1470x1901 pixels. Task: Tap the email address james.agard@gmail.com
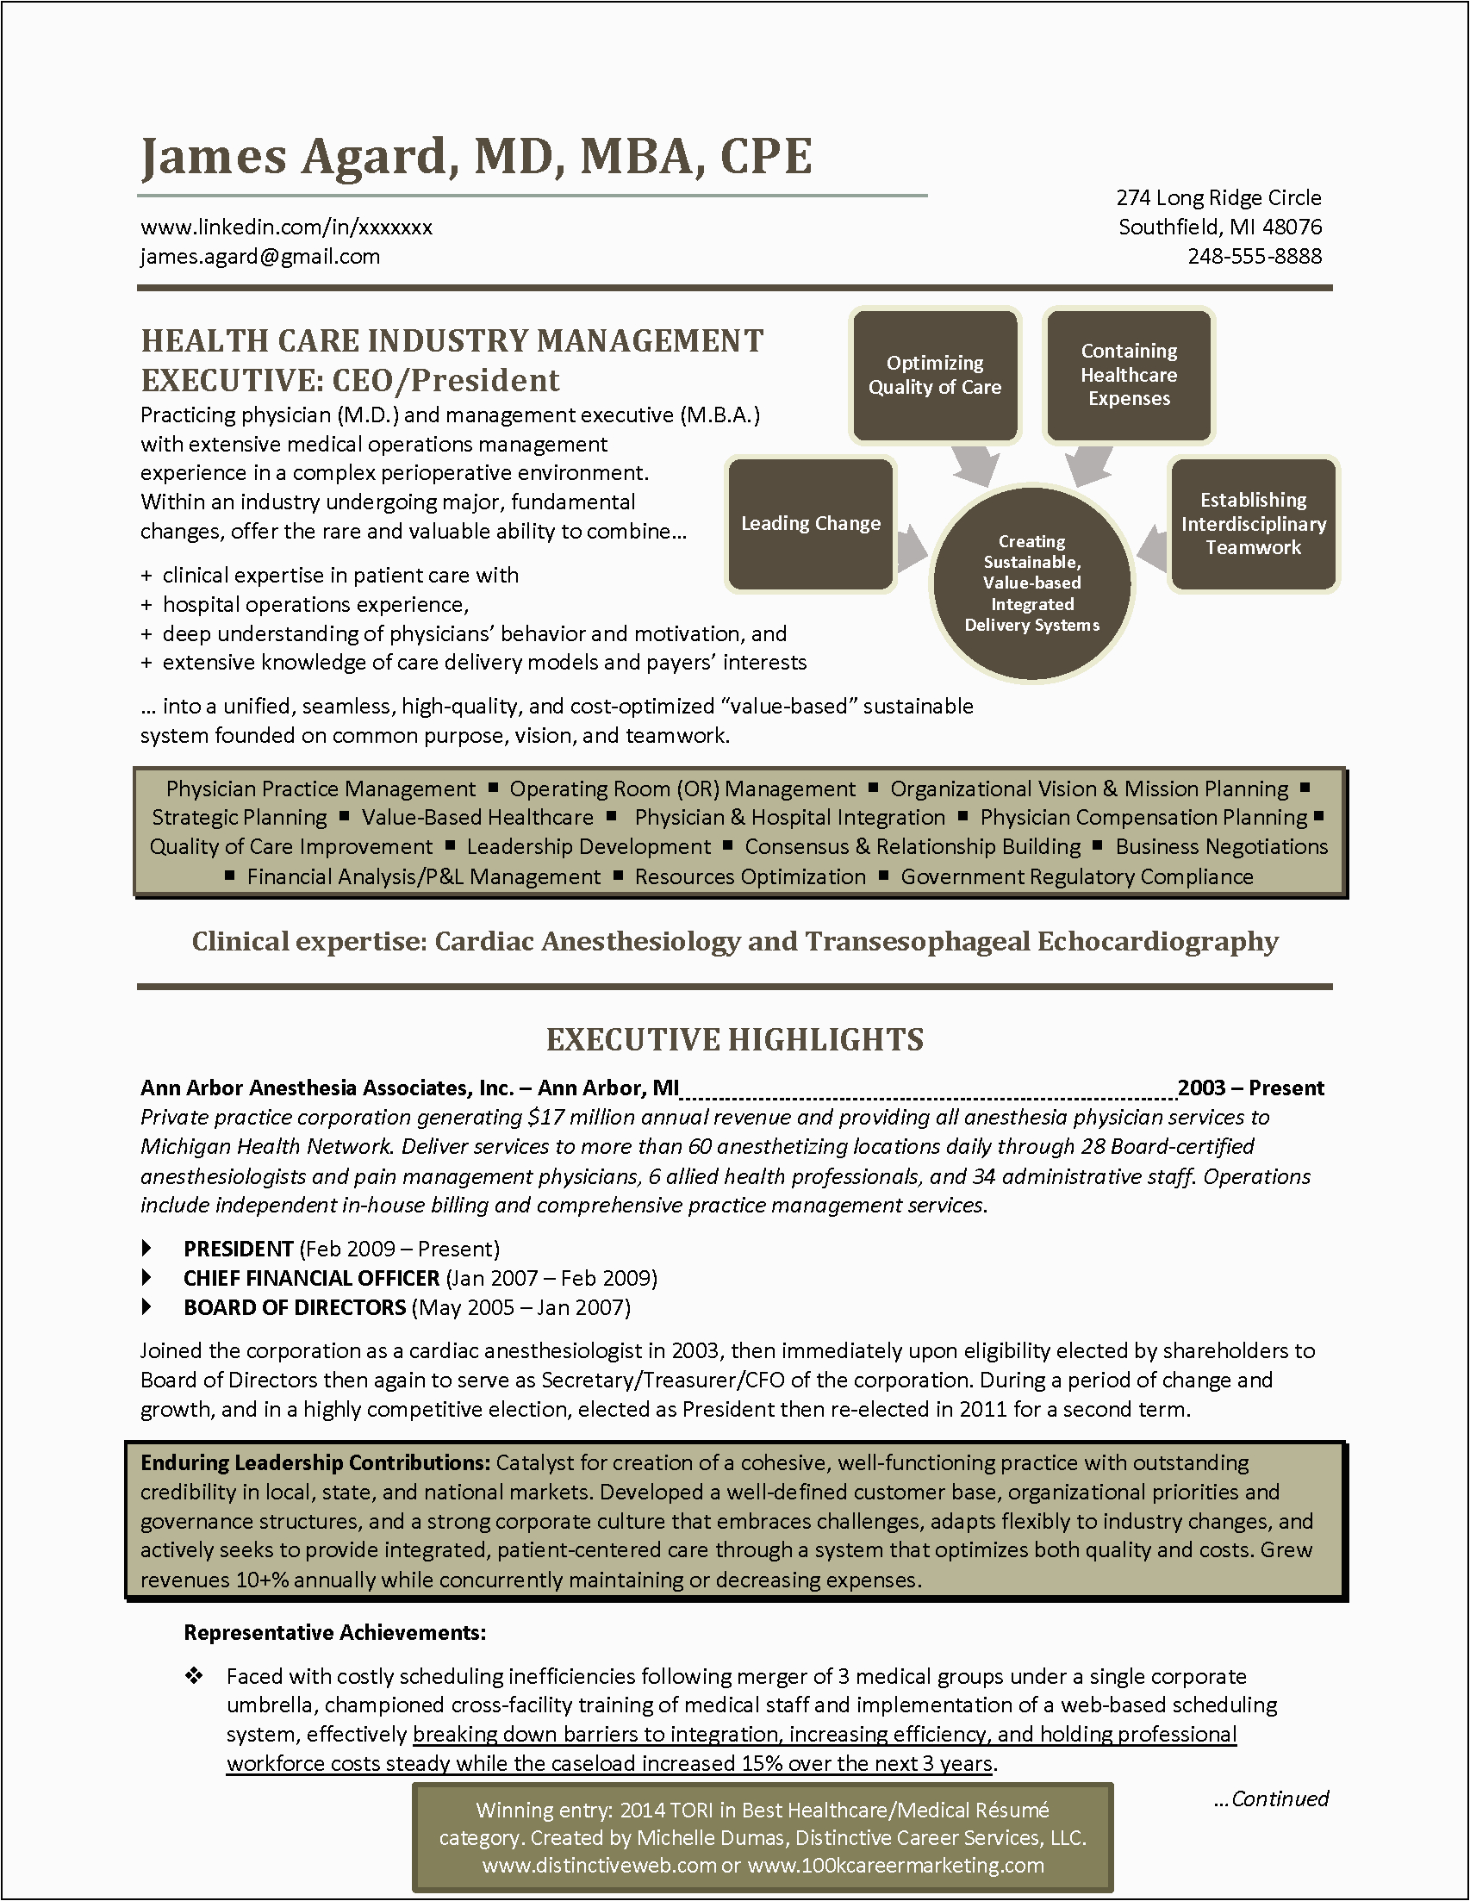[260, 257]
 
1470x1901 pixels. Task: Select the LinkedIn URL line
[286, 227]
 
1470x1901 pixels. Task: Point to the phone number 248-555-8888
[1255, 257]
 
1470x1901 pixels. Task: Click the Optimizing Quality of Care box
[935, 375]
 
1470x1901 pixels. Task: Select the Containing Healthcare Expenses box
[1129, 375]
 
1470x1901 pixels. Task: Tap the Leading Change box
[810, 524]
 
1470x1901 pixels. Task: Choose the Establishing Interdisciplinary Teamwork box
[1253, 524]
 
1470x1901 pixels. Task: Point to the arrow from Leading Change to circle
[912, 549]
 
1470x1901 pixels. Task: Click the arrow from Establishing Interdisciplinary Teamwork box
[1152, 549]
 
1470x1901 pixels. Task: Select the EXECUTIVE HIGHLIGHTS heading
[734, 1040]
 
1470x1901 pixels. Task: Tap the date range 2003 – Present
[1250, 1088]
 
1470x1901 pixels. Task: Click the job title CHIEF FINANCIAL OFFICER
[312, 1279]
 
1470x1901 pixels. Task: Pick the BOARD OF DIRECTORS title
[295, 1307]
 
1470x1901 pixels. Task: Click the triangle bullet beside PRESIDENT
[146, 1249]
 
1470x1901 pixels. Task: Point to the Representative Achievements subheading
[335, 1633]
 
